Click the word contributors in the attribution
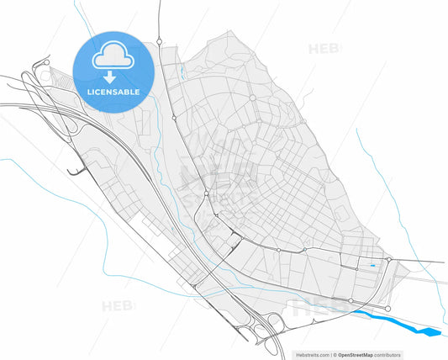(387, 355)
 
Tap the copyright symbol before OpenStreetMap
(334, 355)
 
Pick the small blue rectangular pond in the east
(372, 267)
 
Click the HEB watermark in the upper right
(324, 49)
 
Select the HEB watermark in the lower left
(117, 306)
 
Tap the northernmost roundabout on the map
(159, 40)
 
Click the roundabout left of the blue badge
(47, 61)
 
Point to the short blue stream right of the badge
(180, 71)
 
